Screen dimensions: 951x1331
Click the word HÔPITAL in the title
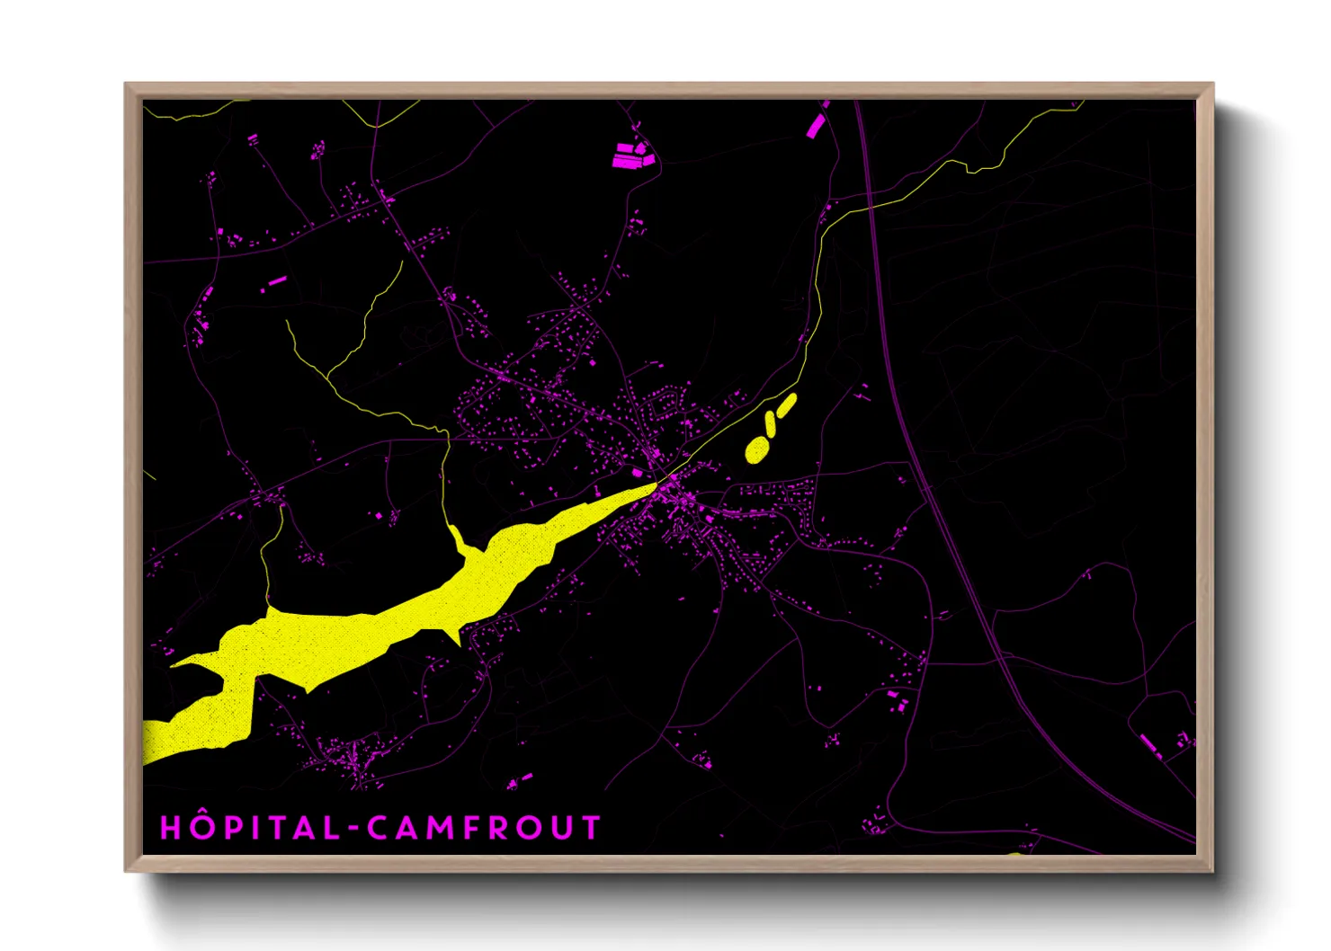[x=249, y=828]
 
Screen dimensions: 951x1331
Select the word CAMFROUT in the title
[x=484, y=828]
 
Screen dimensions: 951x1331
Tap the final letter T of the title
[x=590, y=828]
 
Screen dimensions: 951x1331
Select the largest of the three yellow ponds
[x=757, y=449]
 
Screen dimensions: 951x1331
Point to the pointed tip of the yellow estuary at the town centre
[x=655, y=484]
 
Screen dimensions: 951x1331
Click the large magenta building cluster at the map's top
[x=631, y=155]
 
